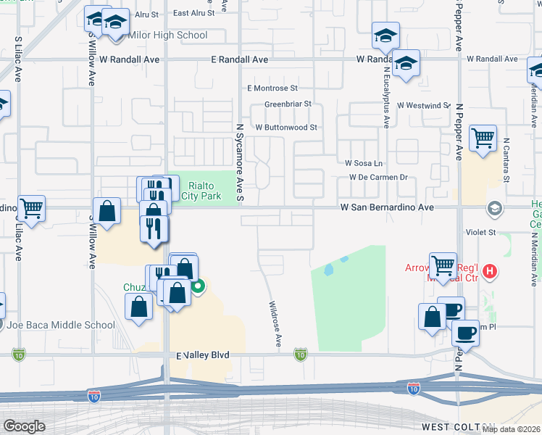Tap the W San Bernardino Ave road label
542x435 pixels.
(387, 207)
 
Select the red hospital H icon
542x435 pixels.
(491, 272)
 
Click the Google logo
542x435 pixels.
(23, 426)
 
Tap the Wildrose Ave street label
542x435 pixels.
(275, 324)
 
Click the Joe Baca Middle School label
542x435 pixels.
(62, 325)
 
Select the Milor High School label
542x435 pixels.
(167, 35)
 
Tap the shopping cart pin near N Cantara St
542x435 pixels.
(483, 137)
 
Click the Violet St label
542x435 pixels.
(481, 233)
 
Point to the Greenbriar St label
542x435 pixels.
(288, 104)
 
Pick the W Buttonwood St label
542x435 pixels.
(286, 127)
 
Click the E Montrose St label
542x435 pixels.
(272, 88)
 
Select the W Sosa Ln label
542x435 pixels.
(364, 163)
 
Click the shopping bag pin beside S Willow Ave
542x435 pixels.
(107, 212)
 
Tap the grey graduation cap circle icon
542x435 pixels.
(495, 210)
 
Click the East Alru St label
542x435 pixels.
(193, 12)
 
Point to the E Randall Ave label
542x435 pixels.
(240, 59)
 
